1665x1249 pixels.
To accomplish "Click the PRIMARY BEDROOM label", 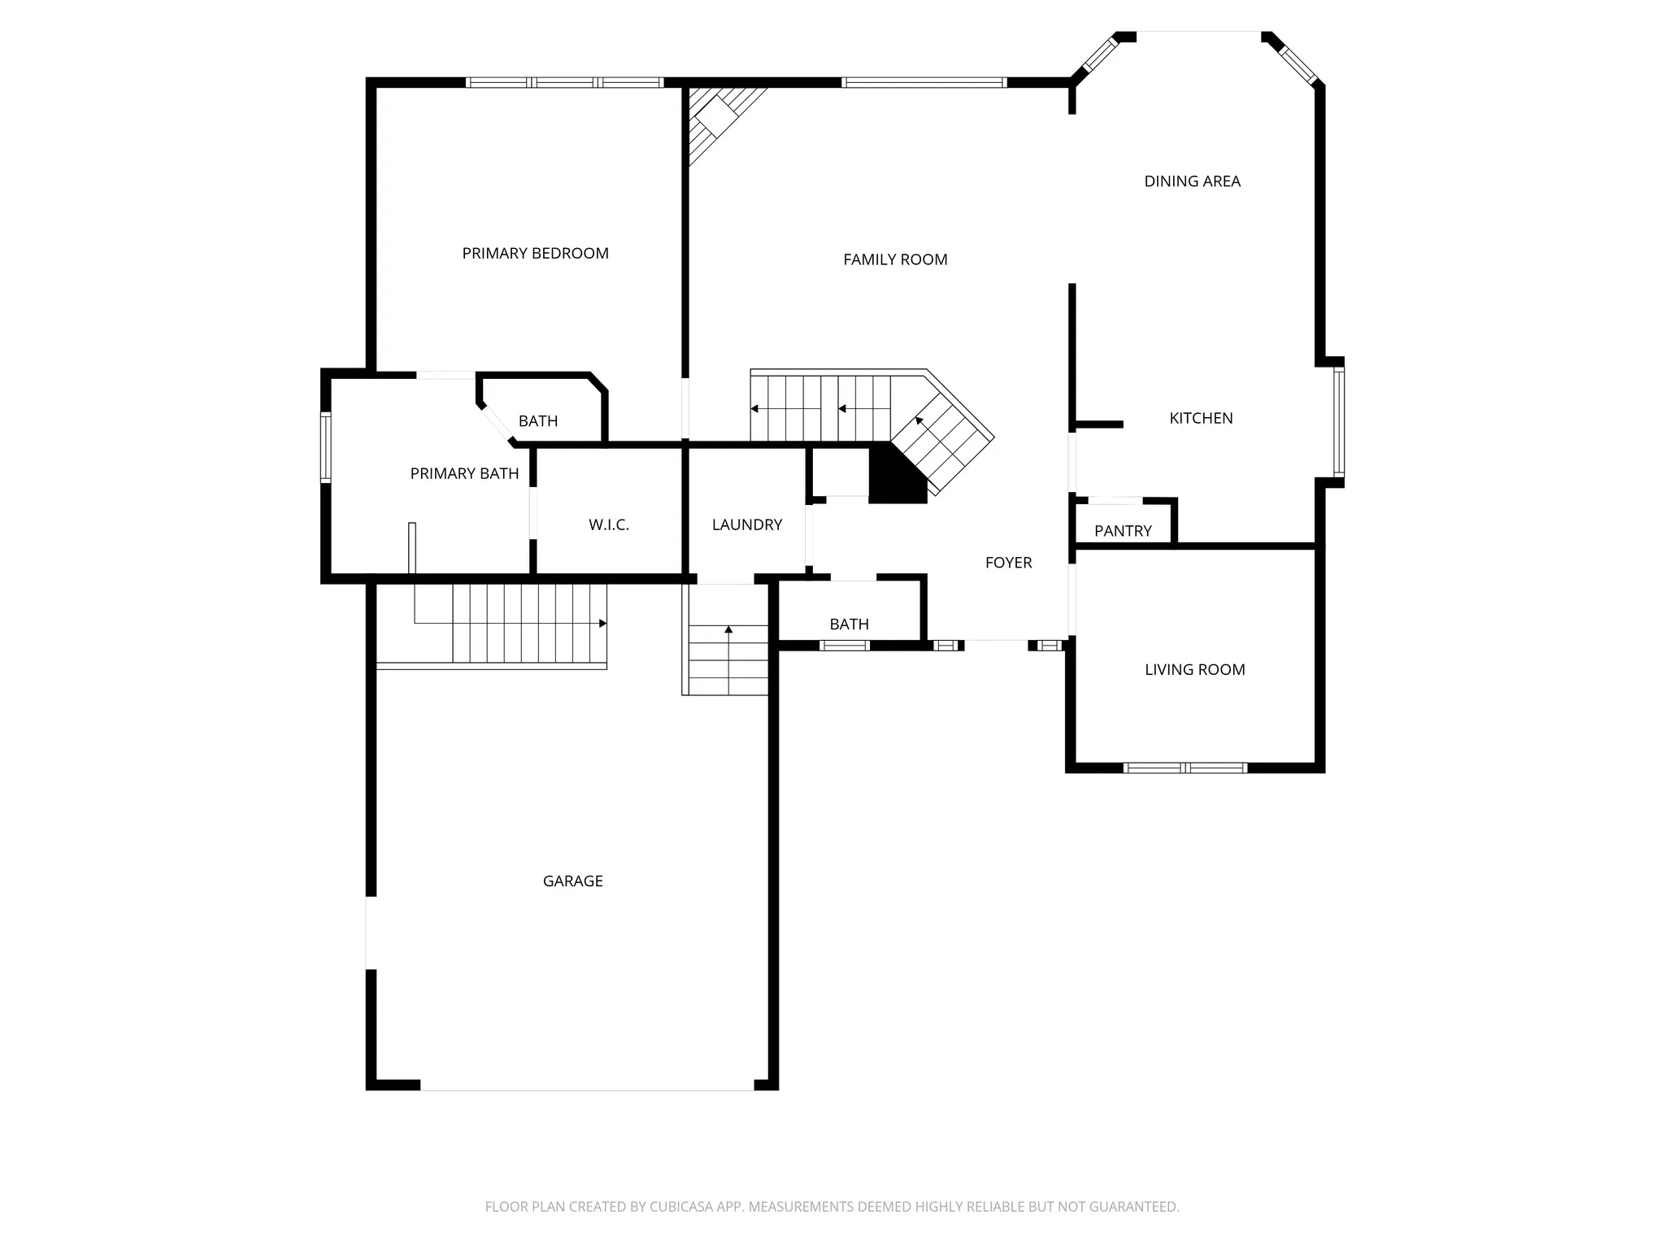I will click(535, 254).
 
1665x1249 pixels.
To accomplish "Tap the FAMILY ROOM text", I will click(895, 259).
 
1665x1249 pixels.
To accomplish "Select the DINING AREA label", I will click(1192, 181).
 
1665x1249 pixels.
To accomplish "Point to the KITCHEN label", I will click(1201, 418).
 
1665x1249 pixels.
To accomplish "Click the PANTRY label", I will click(1123, 531).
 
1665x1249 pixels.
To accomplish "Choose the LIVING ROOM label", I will click(1194, 670).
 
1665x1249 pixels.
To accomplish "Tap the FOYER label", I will click(1008, 563).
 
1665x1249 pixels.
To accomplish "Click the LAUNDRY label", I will click(746, 525).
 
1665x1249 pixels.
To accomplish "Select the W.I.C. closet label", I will click(609, 525).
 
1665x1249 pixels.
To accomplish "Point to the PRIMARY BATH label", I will click(464, 473).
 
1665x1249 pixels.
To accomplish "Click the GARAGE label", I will click(572, 881).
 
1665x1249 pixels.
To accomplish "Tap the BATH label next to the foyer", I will click(849, 624).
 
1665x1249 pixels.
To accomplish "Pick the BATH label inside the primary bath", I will click(538, 421).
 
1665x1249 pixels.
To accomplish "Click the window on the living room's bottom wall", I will click(1185, 768).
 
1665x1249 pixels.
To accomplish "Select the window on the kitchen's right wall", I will click(1338, 420).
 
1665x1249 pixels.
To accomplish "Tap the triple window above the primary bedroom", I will click(564, 82).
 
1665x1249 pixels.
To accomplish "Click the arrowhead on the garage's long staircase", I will click(602, 624).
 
